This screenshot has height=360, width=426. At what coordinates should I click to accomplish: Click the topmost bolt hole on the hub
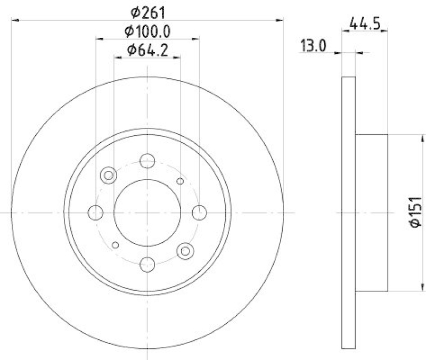pos(147,160)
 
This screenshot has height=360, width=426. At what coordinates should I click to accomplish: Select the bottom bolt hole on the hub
pos(147,263)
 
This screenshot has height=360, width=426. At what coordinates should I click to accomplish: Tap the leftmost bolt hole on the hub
pos(95,212)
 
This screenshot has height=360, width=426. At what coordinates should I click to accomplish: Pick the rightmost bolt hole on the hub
pos(199,212)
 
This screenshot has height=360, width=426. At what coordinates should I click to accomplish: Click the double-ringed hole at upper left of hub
pos(109,175)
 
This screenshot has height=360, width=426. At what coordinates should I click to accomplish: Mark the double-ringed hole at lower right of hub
pos(186,251)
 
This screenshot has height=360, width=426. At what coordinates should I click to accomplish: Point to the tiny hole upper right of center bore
pos(180,182)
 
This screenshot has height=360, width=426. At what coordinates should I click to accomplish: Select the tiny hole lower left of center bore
pos(115,245)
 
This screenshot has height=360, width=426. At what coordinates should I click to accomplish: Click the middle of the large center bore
pos(147,212)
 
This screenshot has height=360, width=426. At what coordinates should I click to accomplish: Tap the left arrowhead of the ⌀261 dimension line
pos(14,20)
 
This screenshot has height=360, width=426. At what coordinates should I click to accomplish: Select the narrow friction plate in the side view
pos(348,213)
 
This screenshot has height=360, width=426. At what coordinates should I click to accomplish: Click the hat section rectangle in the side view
pos(371,213)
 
